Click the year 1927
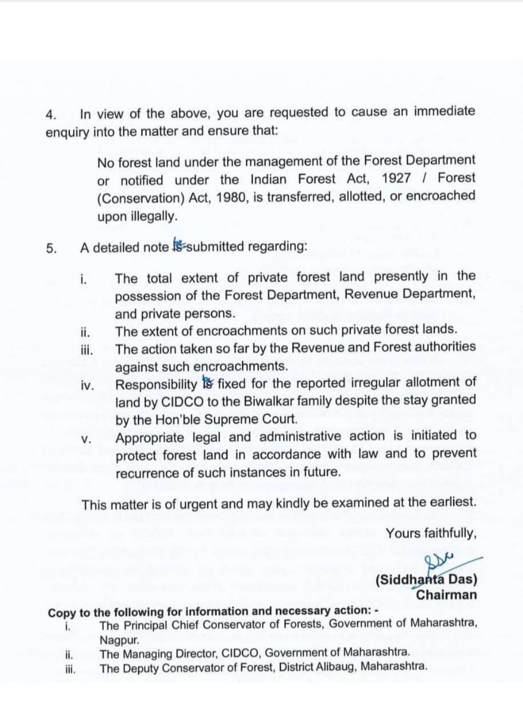click(x=396, y=179)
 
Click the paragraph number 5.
click(x=51, y=248)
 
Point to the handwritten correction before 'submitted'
click(x=178, y=245)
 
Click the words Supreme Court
click(x=256, y=418)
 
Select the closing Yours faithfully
click(x=430, y=533)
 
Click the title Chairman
click(x=447, y=595)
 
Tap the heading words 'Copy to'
click(x=65, y=613)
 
